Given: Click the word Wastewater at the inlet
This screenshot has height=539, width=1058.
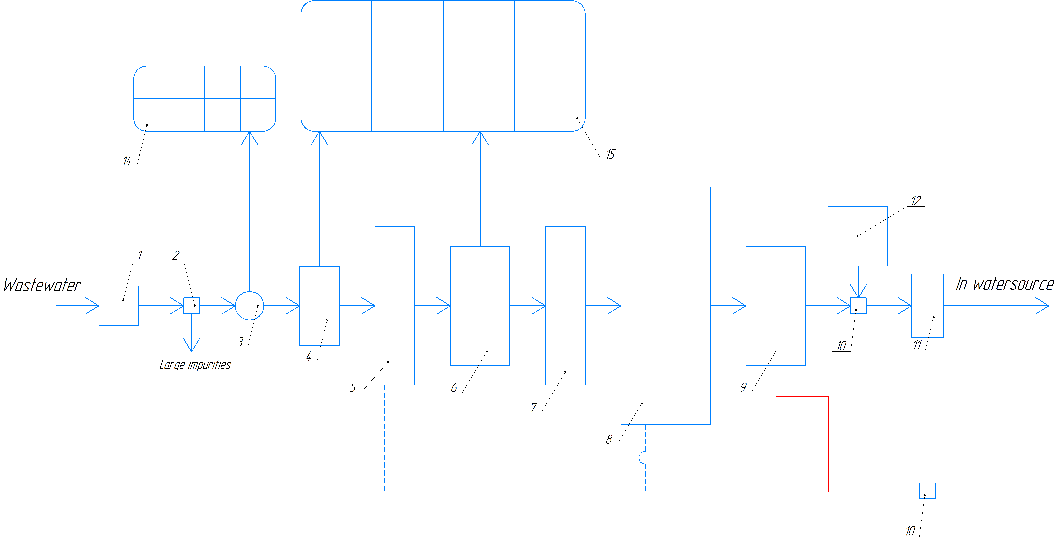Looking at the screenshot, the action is pyautogui.click(x=42, y=285).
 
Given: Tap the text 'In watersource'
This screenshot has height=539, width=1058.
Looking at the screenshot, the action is pyautogui.click(x=1005, y=283).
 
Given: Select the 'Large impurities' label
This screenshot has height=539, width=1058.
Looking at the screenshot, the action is pyautogui.click(x=195, y=365).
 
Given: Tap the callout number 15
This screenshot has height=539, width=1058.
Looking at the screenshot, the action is pyautogui.click(x=611, y=154).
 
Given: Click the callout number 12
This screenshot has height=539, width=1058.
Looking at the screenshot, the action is pyautogui.click(x=916, y=201).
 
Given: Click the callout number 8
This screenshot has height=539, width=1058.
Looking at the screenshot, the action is pyautogui.click(x=609, y=439).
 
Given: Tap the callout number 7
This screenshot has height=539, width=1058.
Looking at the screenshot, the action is pyautogui.click(x=533, y=408).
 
